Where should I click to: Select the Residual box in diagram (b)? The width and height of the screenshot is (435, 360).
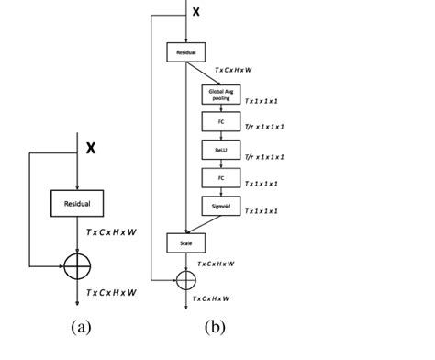coord(186,53)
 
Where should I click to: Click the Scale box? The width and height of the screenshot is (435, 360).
coord(186,242)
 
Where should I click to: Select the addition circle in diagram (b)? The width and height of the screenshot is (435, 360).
coord(186,278)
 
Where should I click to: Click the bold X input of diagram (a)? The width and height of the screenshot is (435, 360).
coord(90,147)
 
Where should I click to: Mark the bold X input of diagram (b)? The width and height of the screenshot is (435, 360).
coord(195,11)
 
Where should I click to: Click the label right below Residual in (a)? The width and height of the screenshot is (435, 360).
coord(111,233)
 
